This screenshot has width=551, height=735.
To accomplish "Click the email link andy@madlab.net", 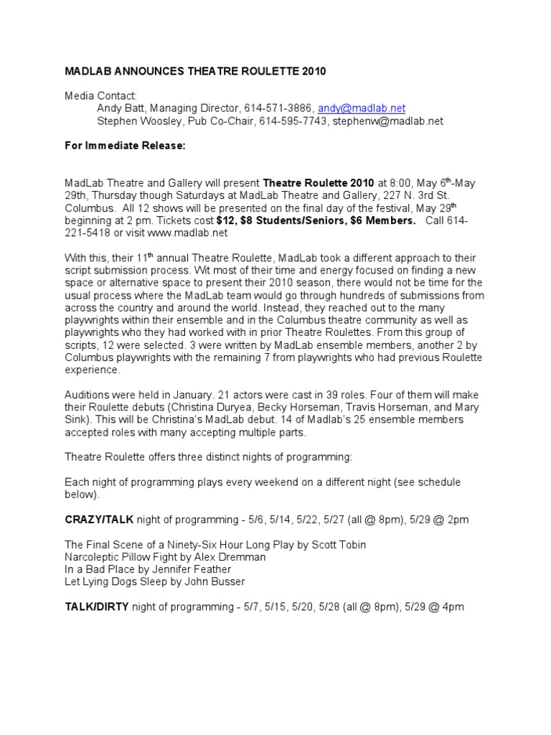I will coord(362,108).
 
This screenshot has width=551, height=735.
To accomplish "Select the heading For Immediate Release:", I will coord(126,146).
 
